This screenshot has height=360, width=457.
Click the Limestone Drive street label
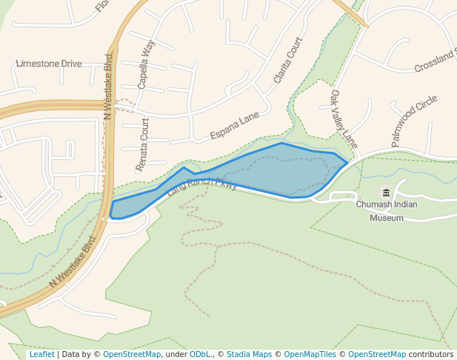49,64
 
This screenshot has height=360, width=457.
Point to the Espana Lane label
234,125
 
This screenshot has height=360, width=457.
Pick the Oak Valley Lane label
344,119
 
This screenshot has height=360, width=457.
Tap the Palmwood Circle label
415,121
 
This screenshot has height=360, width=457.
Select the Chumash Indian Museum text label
387,211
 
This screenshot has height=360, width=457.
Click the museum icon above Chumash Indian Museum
386,193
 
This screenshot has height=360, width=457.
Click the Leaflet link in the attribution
41,354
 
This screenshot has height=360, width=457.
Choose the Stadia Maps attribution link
249,354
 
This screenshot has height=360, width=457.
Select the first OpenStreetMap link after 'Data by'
132,354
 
